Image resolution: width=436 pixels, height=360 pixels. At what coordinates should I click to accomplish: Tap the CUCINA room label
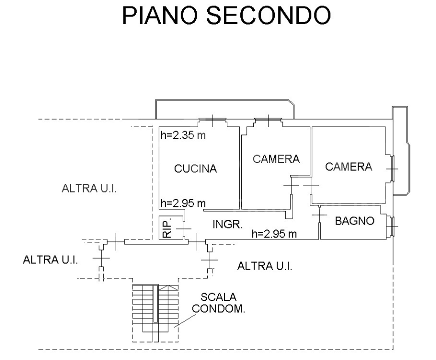pos(195,169)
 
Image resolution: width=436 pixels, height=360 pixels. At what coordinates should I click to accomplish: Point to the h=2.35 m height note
pos(183,135)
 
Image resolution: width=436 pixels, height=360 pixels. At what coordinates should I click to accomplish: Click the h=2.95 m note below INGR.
pos(274,234)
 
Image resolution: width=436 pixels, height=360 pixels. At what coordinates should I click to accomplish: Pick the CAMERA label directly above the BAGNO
pos(349,167)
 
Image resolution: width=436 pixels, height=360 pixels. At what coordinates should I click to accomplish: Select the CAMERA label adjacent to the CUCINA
pos(276,159)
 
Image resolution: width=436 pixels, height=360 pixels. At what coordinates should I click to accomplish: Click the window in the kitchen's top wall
pos(212,120)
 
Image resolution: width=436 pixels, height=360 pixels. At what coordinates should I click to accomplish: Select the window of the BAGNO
pos(391,226)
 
